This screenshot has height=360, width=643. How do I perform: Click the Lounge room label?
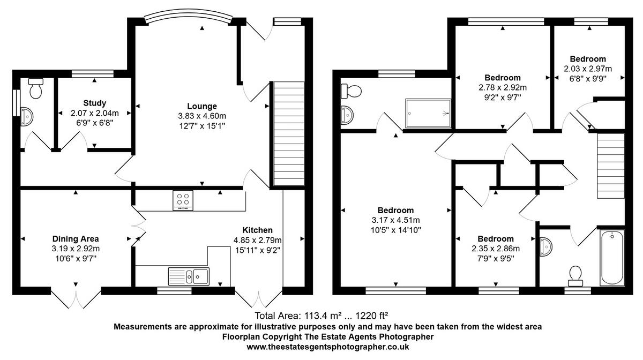click(x=202, y=106)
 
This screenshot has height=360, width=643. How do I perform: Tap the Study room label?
click(x=94, y=103)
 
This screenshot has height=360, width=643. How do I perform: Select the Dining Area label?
click(x=76, y=238)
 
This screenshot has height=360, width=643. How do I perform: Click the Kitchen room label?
click(x=257, y=230)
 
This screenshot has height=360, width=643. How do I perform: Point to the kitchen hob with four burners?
click(x=183, y=200)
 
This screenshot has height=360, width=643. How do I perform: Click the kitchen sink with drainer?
click(x=189, y=276)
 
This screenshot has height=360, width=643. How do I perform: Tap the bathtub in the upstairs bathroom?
click(x=612, y=258)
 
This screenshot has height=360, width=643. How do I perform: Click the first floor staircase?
click(x=610, y=167)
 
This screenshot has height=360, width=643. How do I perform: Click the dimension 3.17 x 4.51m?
click(x=395, y=220)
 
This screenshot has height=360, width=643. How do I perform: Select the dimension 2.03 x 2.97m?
click(x=588, y=69)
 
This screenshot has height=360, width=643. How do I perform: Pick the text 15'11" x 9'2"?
click(x=257, y=250)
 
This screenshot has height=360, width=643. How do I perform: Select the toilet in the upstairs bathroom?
click(x=576, y=274)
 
